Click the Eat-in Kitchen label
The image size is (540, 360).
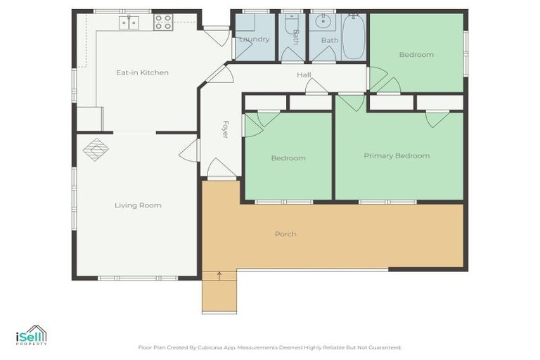(142, 72)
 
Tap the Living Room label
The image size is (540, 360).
(138, 205)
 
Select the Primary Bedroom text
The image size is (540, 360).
(397, 155)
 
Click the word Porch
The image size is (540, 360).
(285, 233)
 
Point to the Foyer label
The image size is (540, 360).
(226, 129)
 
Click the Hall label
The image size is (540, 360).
(304, 75)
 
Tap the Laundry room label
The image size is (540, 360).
(254, 39)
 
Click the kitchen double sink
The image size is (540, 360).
(128, 23)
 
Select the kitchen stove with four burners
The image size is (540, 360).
(163, 22)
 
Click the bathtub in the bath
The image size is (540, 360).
(354, 37)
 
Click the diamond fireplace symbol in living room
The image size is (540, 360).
(96, 149)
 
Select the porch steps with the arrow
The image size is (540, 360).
(219, 292)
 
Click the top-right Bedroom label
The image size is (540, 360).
(416, 54)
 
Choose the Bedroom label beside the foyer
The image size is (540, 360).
(288, 158)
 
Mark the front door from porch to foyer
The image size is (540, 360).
(221, 170)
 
